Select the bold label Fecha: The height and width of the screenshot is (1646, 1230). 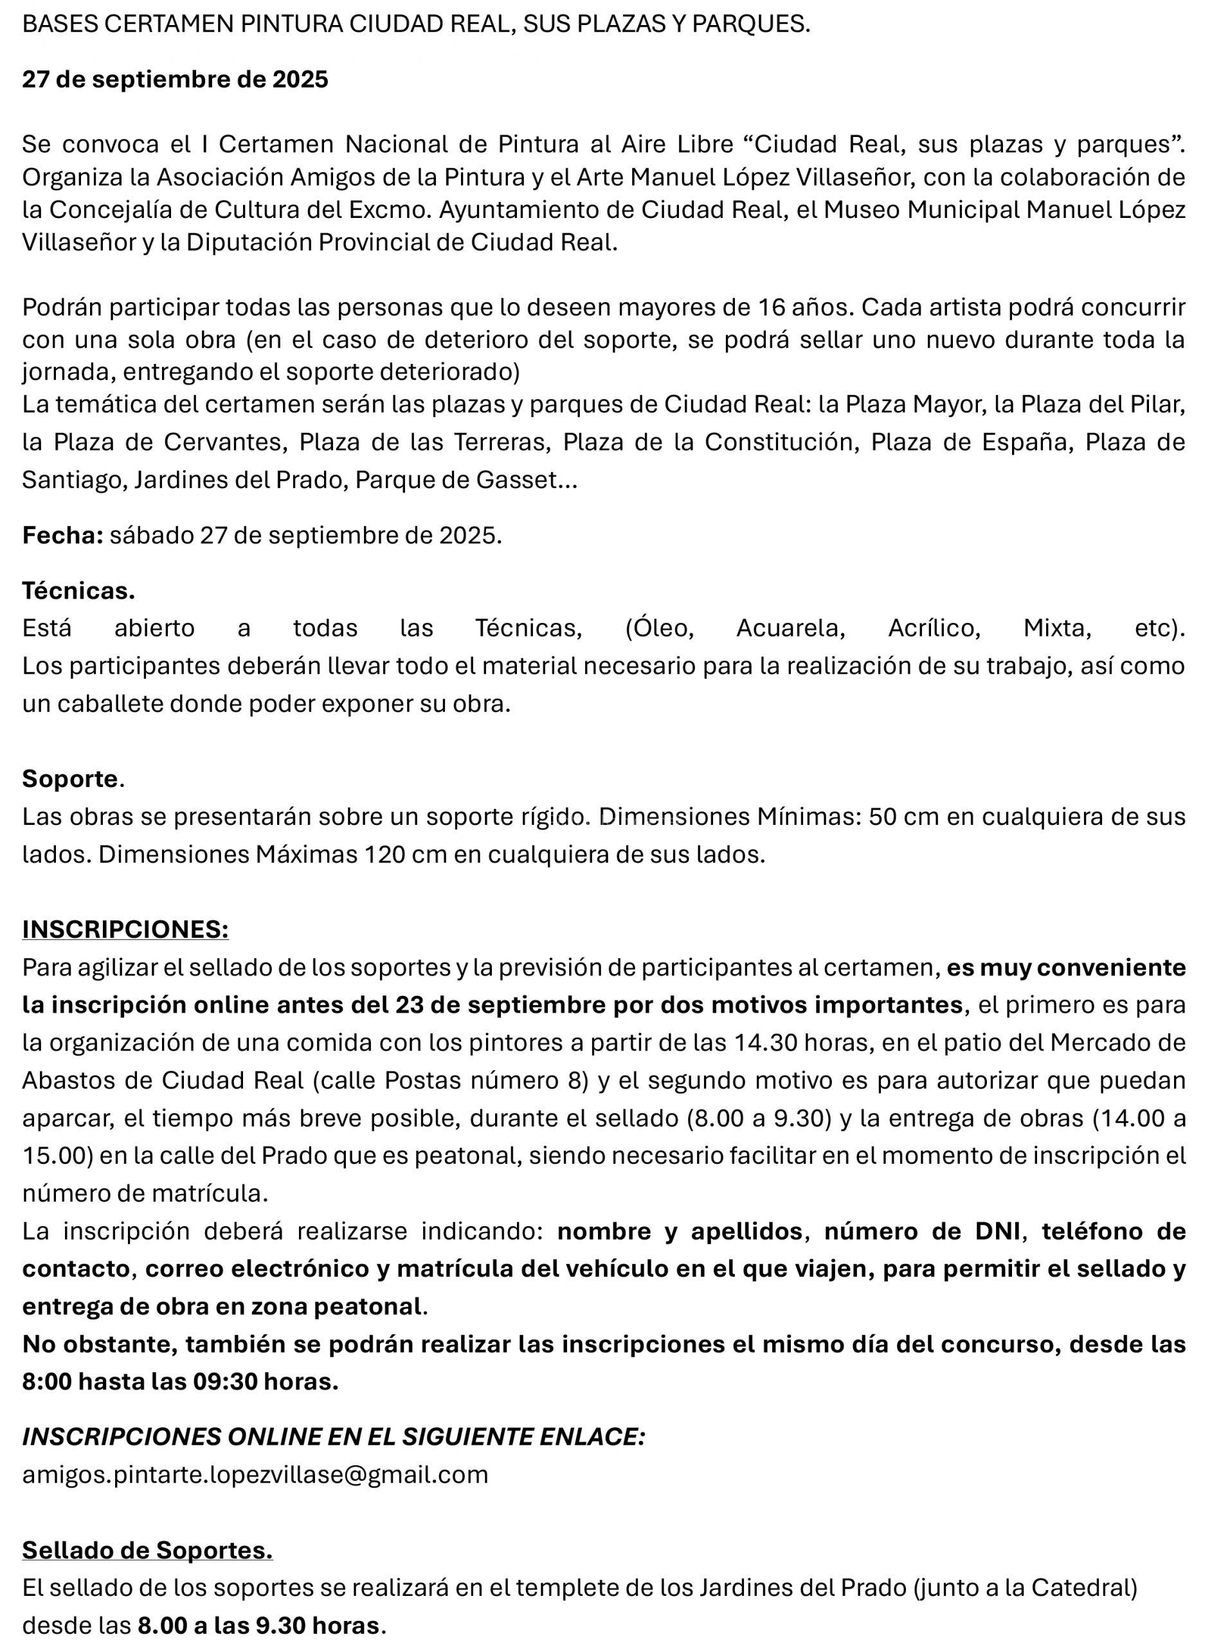coord(62,535)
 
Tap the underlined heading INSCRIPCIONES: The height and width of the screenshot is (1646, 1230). coord(125,928)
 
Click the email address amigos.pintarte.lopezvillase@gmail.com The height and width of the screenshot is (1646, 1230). coord(255,1474)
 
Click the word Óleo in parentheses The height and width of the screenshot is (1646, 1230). coord(661,628)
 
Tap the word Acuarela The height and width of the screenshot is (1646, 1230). coord(790,628)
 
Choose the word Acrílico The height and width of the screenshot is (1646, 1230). coord(934,628)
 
